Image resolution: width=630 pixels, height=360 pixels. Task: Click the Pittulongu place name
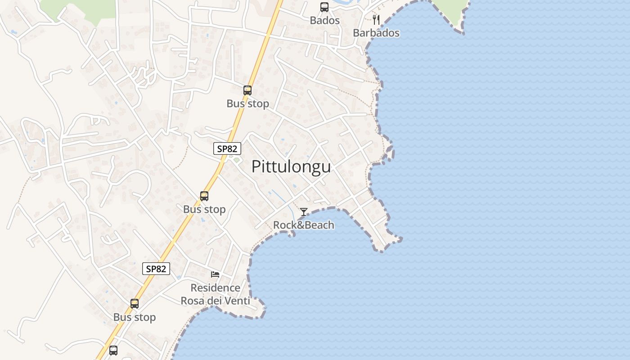pyautogui.click(x=291, y=166)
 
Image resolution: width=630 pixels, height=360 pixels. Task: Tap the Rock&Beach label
pyautogui.click(x=304, y=225)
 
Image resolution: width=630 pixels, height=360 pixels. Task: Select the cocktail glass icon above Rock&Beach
pyautogui.click(x=304, y=211)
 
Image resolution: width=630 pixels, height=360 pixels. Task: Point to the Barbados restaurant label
pyautogui.click(x=376, y=33)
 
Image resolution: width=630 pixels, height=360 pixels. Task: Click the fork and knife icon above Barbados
pyautogui.click(x=376, y=20)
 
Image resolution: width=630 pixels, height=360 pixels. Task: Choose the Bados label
pyautogui.click(x=324, y=21)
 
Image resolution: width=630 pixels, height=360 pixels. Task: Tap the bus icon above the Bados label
pyautogui.click(x=324, y=7)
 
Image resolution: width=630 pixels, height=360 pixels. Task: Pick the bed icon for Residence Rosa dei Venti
pyautogui.click(x=215, y=274)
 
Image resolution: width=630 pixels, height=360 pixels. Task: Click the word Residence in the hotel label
pyautogui.click(x=215, y=288)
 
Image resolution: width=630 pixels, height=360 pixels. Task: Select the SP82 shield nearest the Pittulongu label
pyautogui.click(x=227, y=148)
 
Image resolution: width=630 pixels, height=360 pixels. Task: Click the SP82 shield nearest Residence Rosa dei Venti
pyautogui.click(x=157, y=269)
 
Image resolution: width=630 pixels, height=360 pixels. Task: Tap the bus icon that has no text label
pyautogui.click(x=113, y=350)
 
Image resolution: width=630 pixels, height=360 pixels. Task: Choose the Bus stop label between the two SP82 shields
pyautogui.click(x=204, y=209)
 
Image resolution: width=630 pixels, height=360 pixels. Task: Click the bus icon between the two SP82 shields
pyautogui.click(x=204, y=196)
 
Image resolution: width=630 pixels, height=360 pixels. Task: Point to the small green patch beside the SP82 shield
pyautogui.click(x=237, y=160)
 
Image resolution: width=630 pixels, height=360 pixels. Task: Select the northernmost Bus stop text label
pyautogui.click(x=247, y=103)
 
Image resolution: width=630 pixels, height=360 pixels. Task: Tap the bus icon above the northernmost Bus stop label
pyautogui.click(x=247, y=90)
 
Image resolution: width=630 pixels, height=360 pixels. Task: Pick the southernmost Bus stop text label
pyautogui.click(x=135, y=317)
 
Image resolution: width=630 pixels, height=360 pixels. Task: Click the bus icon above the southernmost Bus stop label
pyautogui.click(x=135, y=304)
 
